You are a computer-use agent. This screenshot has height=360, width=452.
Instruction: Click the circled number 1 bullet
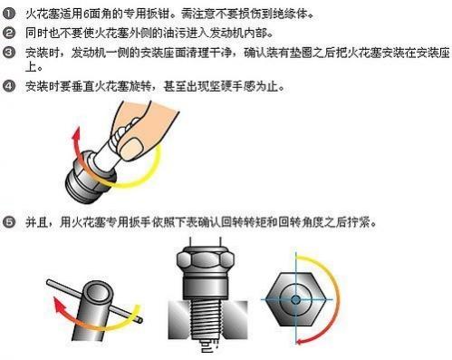[x=10, y=12]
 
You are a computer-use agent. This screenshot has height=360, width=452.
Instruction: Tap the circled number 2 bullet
[x=10, y=32]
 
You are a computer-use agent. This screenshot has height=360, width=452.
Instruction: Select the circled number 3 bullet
[x=10, y=52]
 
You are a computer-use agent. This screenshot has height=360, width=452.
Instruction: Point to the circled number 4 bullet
[x=10, y=87]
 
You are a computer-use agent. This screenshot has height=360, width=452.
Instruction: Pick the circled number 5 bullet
[x=10, y=221]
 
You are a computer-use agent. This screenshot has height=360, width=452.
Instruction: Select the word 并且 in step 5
[x=35, y=221]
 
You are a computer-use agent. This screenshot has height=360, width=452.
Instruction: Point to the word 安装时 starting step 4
[x=40, y=87]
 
